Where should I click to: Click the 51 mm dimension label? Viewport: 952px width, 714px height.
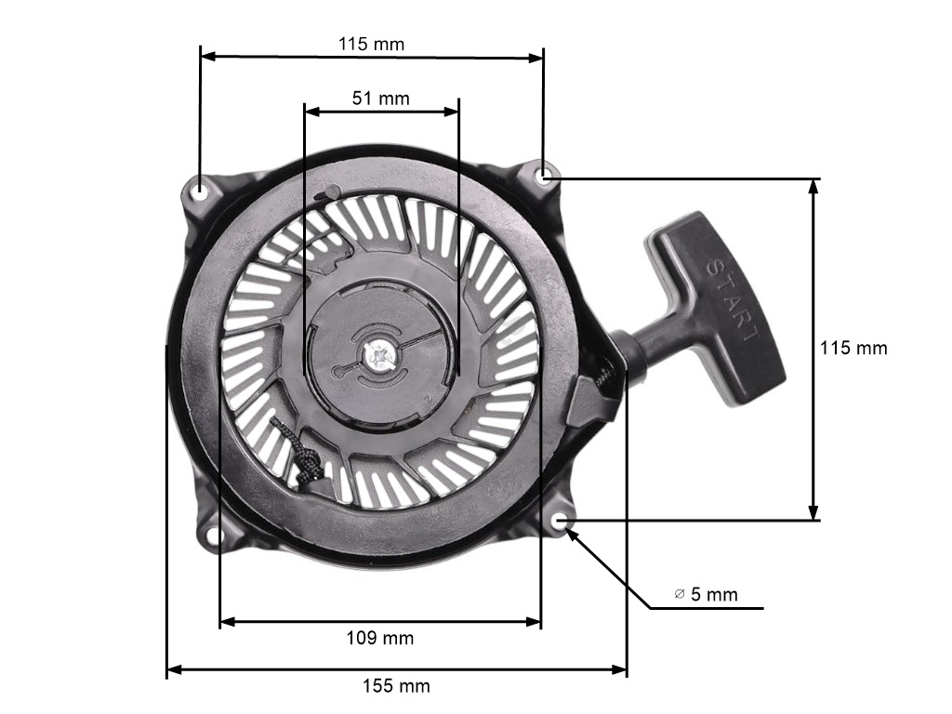(380, 98)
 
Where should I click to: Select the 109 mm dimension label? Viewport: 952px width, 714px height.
(380, 638)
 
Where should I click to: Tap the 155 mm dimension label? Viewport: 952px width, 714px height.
(396, 686)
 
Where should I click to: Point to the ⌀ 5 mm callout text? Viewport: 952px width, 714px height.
(707, 594)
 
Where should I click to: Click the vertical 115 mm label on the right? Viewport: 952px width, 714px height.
(853, 348)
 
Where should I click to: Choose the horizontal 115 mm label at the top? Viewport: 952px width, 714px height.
(371, 44)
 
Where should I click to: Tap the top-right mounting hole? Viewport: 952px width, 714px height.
(545, 176)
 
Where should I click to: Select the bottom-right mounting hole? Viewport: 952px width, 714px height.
(562, 521)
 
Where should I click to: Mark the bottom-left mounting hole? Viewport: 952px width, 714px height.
(213, 535)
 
